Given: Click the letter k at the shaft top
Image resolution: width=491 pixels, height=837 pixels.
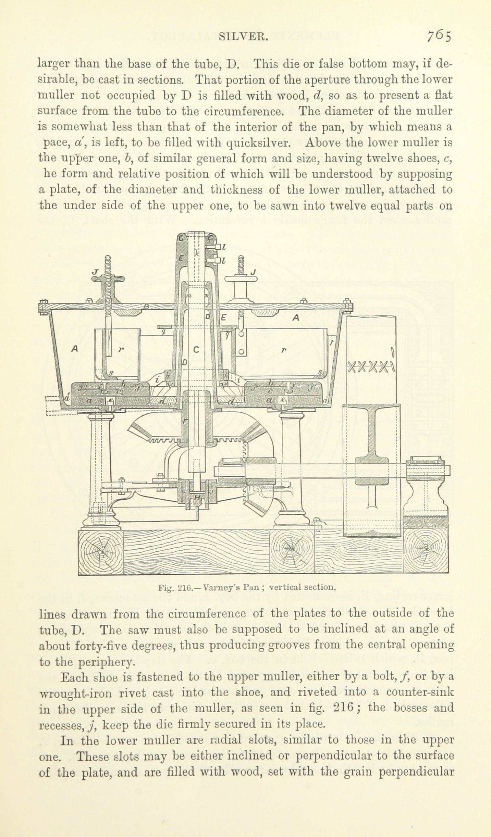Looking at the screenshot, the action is pyautogui.click(x=196, y=253).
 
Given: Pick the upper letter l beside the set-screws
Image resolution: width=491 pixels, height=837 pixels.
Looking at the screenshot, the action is pyautogui.click(x=223, y=246).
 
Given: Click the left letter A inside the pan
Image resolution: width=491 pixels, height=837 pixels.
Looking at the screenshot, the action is pyautogui.click(x=73, y=349).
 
